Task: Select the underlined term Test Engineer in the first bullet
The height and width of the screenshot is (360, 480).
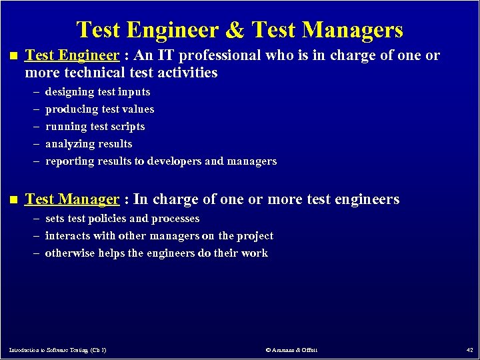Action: [x=72, y=55]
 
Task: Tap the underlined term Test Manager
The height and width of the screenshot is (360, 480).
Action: [x=71, y=199]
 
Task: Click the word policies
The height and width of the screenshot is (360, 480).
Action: [x=107, y=219]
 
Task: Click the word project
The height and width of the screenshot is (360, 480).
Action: [x=255, y=236]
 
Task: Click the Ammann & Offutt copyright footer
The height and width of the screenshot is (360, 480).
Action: [x=291, y=349]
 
